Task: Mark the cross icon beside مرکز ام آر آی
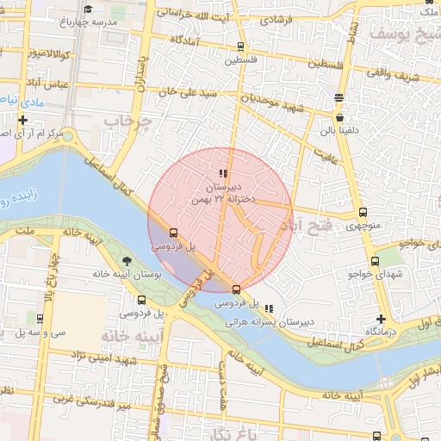point(22,120)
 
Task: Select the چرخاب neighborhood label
point(127,122)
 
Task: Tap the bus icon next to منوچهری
point(363,212)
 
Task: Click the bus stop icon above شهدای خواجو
point(375,261)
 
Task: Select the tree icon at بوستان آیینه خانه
point(128,261)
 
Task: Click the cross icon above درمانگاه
point(381,319)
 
